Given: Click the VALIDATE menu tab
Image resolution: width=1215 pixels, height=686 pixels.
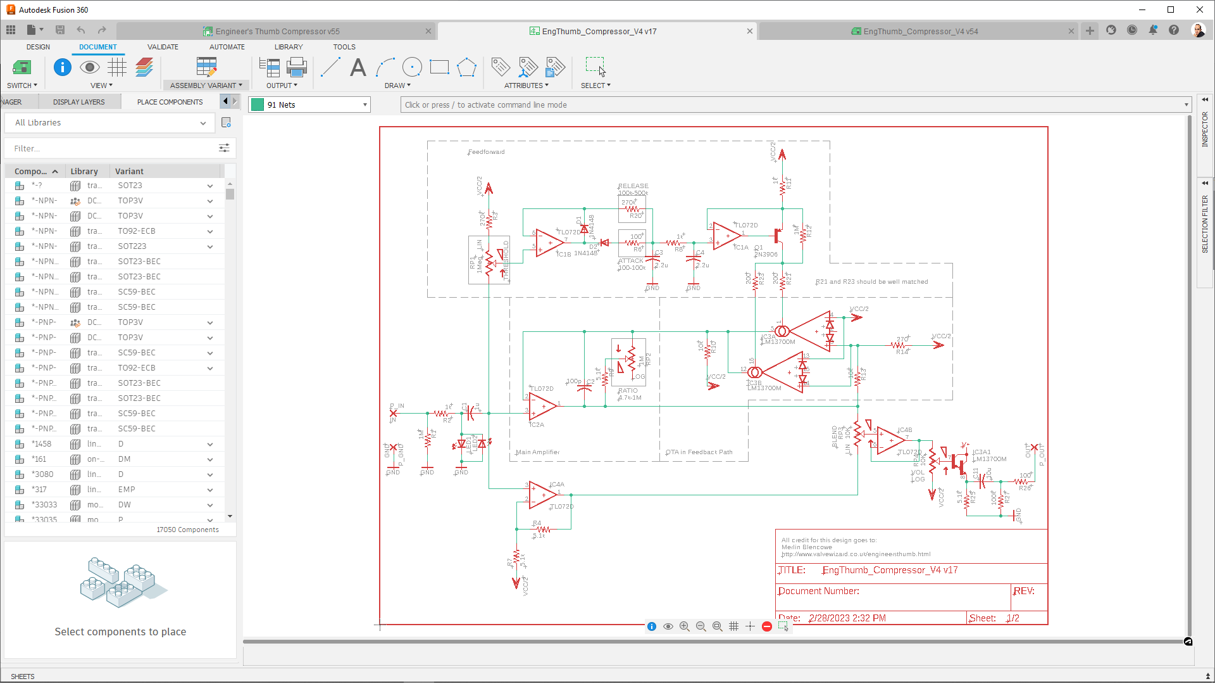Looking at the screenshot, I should (163, 47).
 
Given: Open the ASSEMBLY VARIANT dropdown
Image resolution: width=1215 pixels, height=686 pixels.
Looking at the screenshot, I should (206, 86).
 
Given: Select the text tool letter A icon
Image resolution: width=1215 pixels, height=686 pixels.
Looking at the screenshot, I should (358, 67).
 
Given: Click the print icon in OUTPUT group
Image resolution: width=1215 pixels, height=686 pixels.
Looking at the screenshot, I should (296, 67).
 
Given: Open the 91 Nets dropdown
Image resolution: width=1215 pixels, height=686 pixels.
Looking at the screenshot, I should (309, 105).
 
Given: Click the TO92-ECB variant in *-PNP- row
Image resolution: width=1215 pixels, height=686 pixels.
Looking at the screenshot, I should (137, 368).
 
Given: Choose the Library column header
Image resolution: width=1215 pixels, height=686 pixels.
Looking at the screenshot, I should (84, 172).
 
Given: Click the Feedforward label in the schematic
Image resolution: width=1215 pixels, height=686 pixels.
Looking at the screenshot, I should (487, 152).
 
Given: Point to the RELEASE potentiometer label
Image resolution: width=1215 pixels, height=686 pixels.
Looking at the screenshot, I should (633, 186).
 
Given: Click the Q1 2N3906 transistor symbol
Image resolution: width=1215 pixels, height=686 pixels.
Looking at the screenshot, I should (778, 238).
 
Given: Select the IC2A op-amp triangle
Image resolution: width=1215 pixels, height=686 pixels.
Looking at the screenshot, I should (542, 407).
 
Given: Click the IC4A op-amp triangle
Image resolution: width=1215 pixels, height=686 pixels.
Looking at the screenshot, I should (542, 495).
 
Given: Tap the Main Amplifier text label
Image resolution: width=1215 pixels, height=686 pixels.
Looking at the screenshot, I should (538, 452).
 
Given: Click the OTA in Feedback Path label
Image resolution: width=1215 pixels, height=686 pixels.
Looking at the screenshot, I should (699, 452).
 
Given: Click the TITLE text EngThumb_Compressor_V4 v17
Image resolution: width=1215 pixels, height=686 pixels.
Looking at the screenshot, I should (890, 570).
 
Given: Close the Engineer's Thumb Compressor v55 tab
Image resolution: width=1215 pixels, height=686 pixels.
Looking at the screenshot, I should (428, 31).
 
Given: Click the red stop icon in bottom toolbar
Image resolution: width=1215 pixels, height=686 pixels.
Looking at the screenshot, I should (766, 626).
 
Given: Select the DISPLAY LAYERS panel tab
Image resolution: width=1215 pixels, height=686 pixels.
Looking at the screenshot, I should (79, 102).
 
